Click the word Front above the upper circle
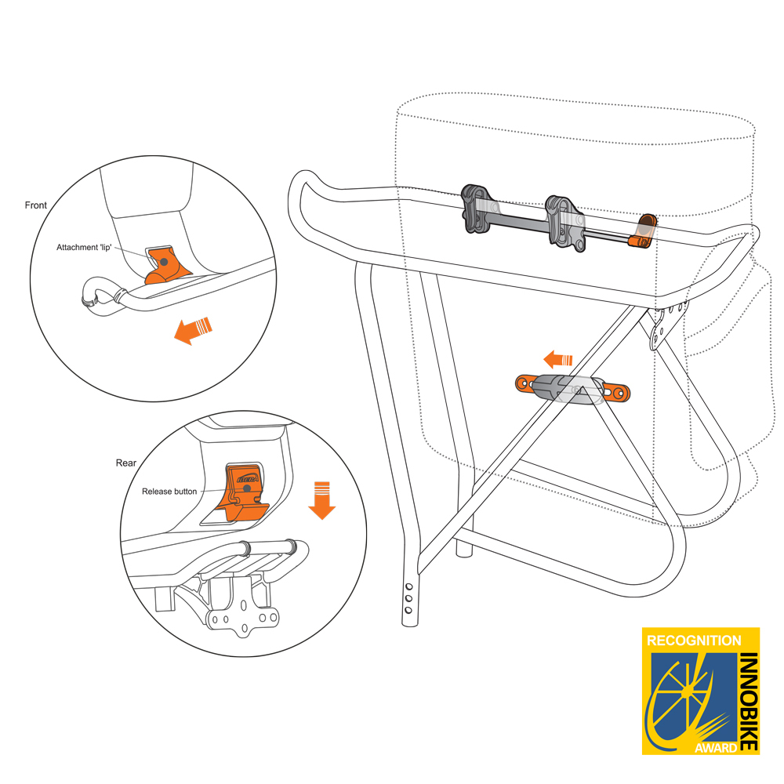[36, 205]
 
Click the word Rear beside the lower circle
[125, 463]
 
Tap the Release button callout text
[169, 492]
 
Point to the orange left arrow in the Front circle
[191, 329]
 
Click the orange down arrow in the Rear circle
[321, 502]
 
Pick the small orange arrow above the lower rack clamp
[557, 361]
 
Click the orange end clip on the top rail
[644, 231]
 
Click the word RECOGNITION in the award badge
[693, 641]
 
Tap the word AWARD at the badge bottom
[715, 747]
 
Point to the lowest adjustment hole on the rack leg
[409, 609]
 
